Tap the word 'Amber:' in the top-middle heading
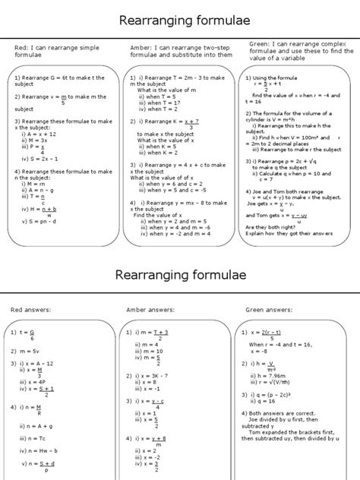(142, 47)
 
